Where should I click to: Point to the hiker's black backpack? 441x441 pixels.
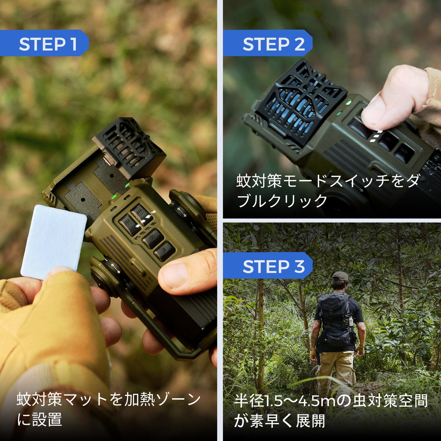(335, 320)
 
